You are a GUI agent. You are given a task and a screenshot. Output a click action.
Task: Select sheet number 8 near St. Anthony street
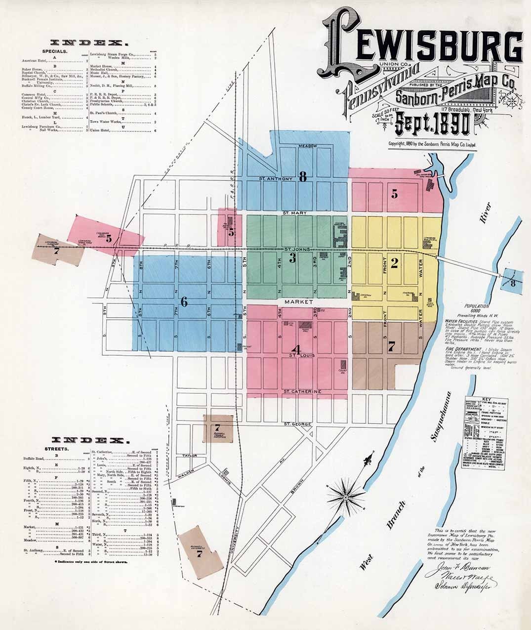coord(303,176)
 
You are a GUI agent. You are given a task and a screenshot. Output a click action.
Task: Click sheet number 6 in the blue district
coord(184,302)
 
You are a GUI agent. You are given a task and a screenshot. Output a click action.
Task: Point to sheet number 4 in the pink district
coord(296,348)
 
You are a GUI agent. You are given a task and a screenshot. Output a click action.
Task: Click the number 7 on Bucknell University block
coord(200,554)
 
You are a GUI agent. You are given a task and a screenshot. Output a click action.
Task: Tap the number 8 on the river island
coord(513,283)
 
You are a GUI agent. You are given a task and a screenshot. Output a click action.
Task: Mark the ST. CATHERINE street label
coord(302,392)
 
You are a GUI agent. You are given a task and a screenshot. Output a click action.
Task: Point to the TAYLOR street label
coord(189,456)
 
